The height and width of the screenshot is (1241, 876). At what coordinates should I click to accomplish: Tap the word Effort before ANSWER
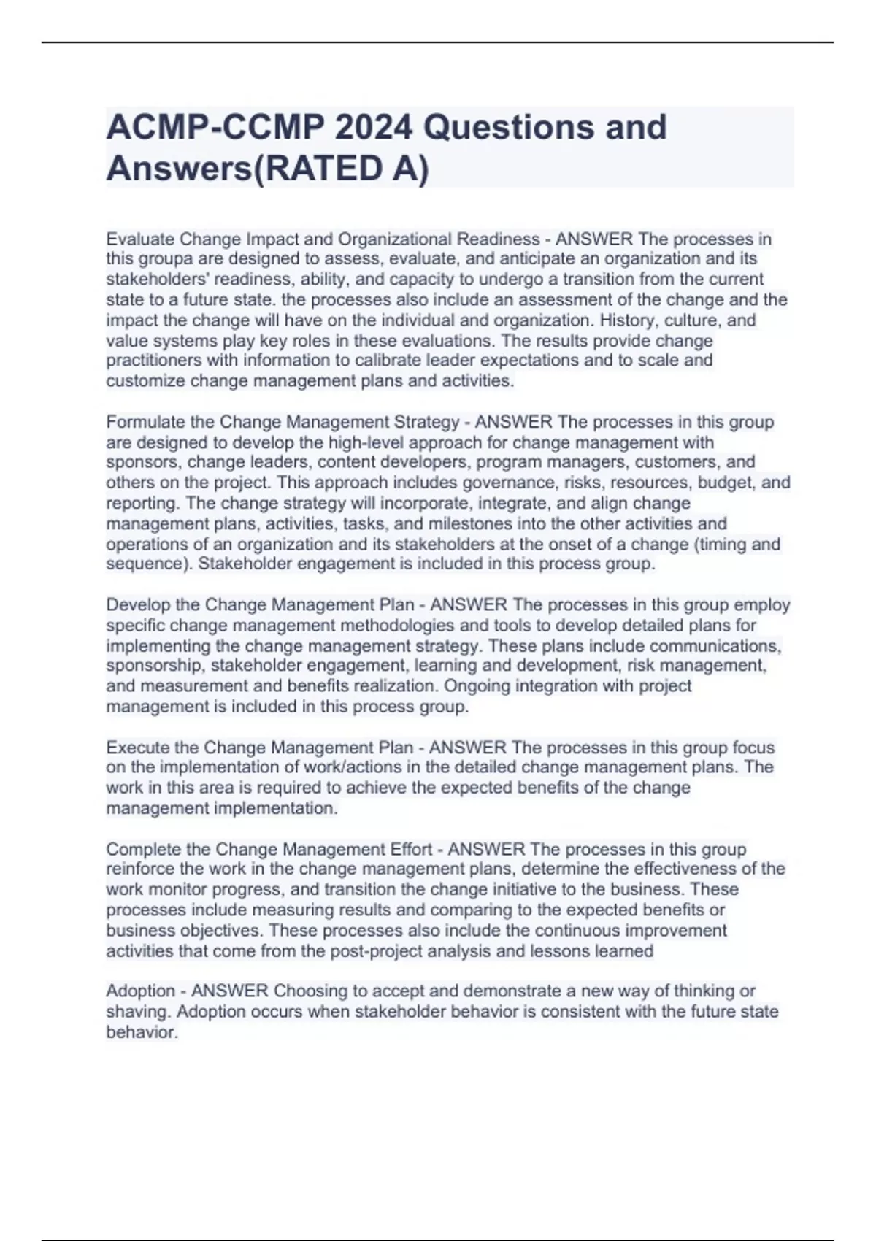coord(408,849)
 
